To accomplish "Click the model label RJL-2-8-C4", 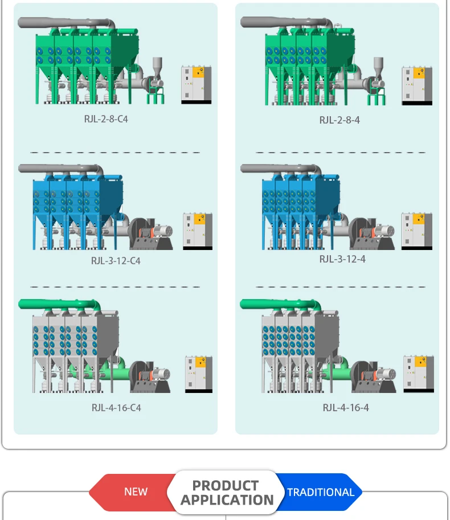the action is (x=106, y=119).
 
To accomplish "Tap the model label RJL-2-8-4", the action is (x=339, y=120).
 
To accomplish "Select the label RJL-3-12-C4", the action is (x=116, y=261).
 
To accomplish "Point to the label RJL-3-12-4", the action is (x=342, y=259).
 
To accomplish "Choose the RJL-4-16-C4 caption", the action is (x=116, y=408).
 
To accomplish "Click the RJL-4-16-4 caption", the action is (x=346, y=408).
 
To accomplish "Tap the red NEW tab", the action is (x=136, y=492).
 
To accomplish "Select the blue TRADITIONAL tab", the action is (x=320, y=492).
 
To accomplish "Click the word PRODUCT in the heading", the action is (x=226, y=486).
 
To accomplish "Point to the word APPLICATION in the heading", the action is (x=227, y=501).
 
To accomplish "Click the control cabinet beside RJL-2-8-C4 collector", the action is (x=196, y=85).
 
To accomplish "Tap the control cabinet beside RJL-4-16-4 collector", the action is (x=418, y=374).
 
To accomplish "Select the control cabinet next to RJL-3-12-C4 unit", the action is (x=197, y=231).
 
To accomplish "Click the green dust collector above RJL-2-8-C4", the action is (x=80, y=63).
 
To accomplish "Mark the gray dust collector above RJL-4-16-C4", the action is (x=74, y=347).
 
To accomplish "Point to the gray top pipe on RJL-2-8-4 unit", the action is (x=285, y=22).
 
